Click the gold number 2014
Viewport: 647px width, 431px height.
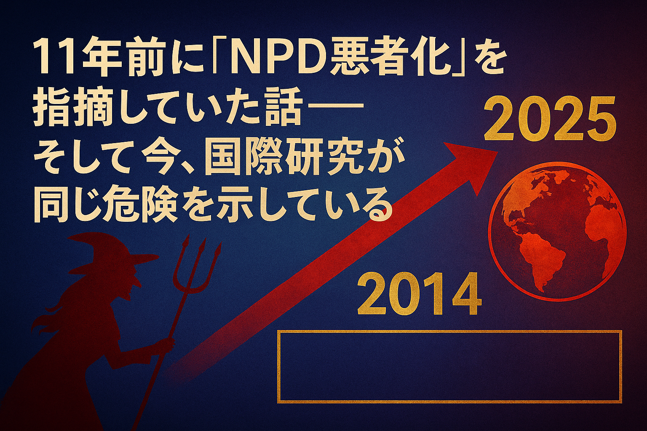(420, 295)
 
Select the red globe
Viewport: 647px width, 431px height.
(557, 232)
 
